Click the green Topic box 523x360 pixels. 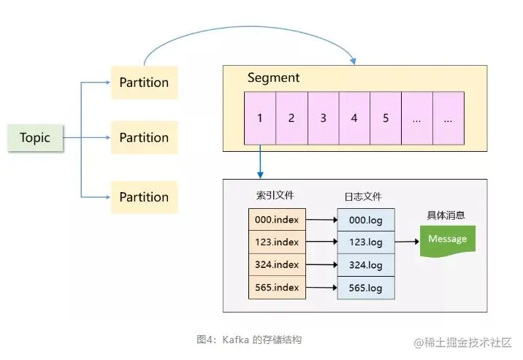(35, 137)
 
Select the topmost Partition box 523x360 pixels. (144, 83)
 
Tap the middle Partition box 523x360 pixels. (144, 137)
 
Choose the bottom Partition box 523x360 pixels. (144, 196)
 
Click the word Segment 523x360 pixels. (273, 78)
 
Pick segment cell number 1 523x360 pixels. (259, 118)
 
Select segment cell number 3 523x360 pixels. (323, 118)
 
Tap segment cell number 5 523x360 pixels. (385, 118)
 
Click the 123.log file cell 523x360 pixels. (365, 242)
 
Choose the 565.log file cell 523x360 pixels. (365, 288)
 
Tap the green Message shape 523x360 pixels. (447, 240)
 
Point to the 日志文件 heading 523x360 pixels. (363, 196)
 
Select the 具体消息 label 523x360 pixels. (446, 215)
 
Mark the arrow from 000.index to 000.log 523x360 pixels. (321, 219)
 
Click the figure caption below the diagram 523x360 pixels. (249, 340)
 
